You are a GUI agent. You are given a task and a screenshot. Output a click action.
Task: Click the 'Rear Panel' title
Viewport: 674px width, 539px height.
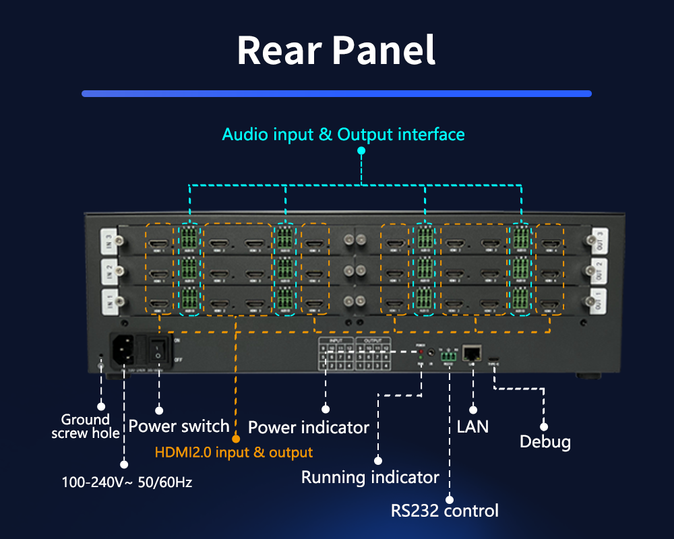pos(336,51)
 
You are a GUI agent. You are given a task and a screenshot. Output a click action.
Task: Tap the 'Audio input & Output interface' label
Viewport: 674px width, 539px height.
pos(343,134)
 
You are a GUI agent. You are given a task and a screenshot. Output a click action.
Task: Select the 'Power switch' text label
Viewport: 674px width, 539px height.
pos(179,426)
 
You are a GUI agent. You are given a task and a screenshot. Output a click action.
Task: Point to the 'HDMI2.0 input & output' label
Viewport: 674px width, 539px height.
pos(234,452)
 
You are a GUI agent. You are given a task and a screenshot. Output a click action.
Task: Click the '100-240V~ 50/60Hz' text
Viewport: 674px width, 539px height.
pos(127,482)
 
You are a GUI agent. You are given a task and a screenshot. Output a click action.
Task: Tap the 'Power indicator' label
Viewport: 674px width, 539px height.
pos(308,427)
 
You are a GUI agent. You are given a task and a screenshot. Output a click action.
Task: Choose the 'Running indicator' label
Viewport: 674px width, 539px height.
pos(369,478)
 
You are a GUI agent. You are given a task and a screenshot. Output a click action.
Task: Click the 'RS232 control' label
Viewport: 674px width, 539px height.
pos(445,510)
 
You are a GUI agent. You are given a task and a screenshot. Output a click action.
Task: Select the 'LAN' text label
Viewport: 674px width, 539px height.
pos(472,426)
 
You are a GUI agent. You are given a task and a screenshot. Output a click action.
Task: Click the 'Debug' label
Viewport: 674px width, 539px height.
pos(545,442)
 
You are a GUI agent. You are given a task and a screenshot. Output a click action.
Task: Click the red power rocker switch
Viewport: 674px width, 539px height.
pos(158,349)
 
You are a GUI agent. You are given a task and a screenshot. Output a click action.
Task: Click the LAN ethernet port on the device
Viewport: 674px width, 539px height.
pos(473,352)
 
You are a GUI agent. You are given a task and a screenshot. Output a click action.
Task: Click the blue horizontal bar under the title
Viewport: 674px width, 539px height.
pos(336,94)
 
